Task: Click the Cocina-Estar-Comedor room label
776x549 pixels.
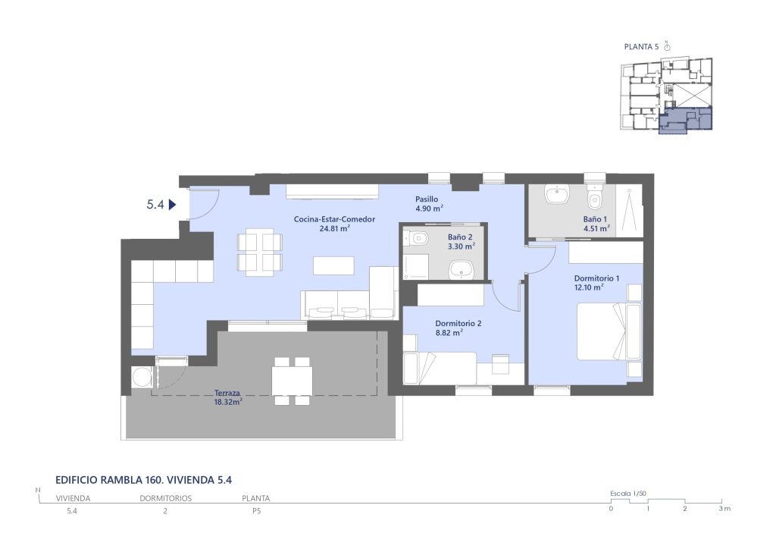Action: [x=334, y=224]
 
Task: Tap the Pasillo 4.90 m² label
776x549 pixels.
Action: [x=429, y=204]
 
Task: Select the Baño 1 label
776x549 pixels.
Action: [x=596, y=224]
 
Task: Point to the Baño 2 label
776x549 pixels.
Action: [x=462, y=241]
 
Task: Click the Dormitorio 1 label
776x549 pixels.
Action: [x=596, y=283]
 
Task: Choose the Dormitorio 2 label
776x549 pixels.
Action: [x=458, y=328]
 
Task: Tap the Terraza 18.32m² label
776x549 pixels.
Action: [x=227, y=397]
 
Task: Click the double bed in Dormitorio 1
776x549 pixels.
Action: [x=609, y=331]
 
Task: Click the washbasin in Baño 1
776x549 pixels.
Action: [x=559, y=195]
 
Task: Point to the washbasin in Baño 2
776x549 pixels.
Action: [x=462, y=271]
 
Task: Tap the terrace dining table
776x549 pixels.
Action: [x=292, y=381]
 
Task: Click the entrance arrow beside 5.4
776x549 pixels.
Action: [x=173, y=205]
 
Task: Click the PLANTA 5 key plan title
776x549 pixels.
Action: [x=641, y=47]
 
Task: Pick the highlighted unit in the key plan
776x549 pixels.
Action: [x=685, y=121]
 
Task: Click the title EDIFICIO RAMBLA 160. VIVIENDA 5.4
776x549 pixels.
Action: [x=143, y=480]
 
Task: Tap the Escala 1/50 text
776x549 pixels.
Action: [x=628, y=494]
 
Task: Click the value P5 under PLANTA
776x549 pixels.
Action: [x=256, y=511]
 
